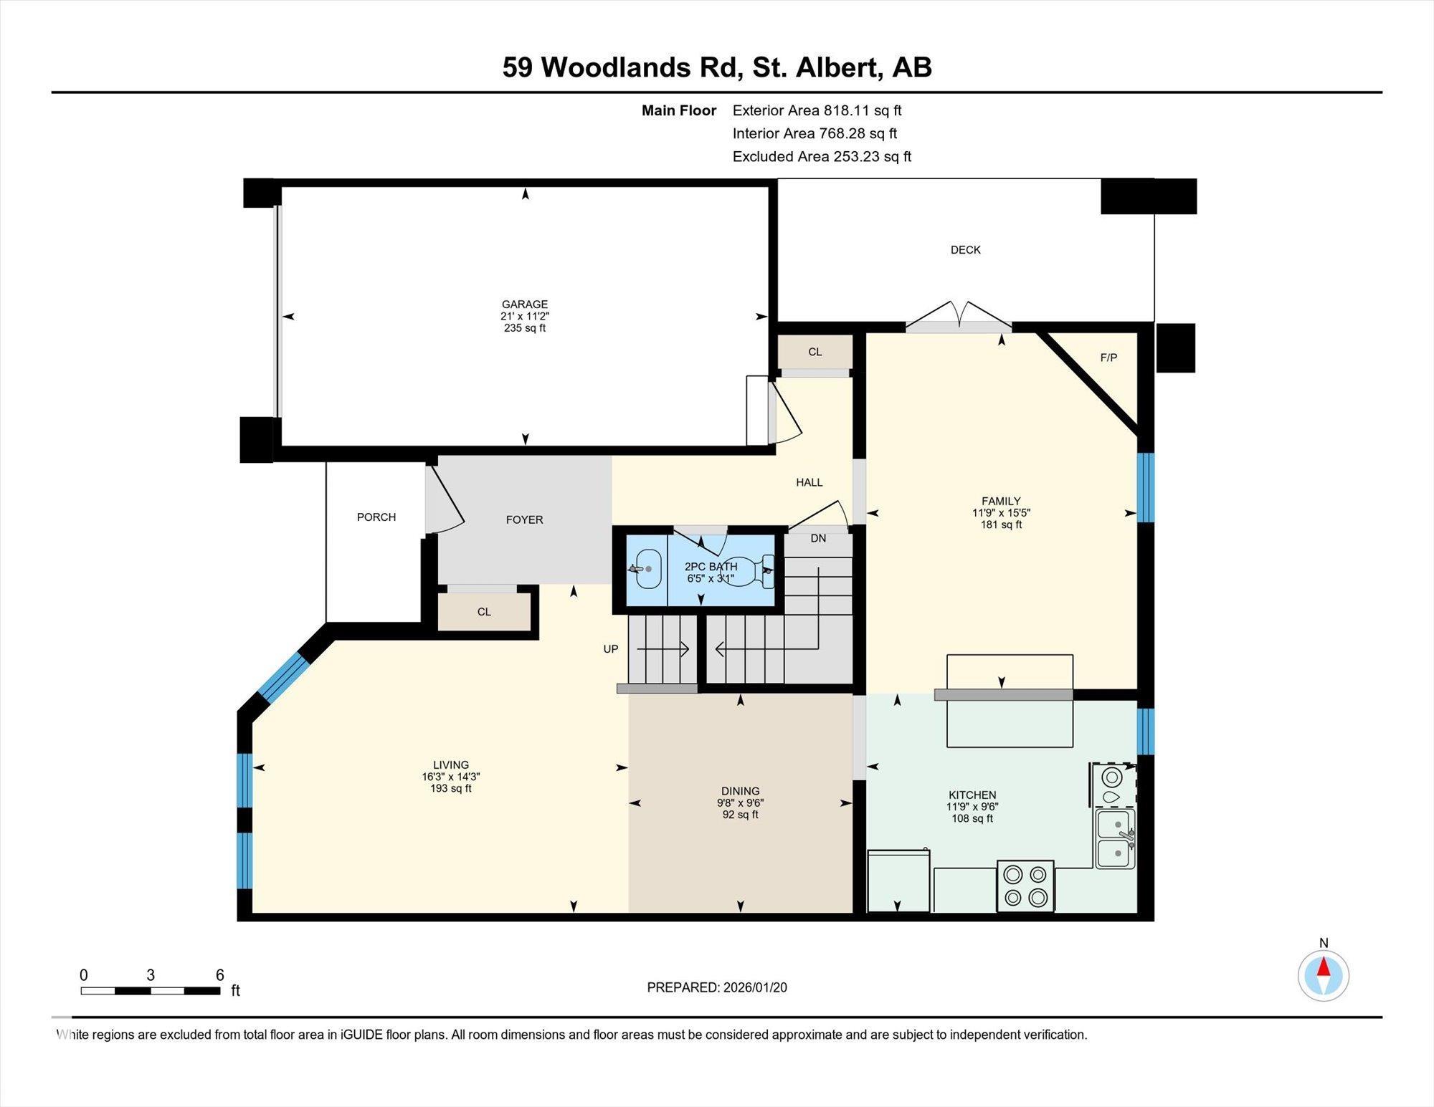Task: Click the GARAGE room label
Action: coord(524,305)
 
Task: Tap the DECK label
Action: coord(965,250)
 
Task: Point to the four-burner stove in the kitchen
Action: coord(1025,886)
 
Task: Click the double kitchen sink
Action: coord(1115,838)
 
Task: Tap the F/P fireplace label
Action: coord(1108,358)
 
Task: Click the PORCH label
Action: coord(376,517)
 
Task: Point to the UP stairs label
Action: coord(610,649)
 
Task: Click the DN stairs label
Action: coord(818,538)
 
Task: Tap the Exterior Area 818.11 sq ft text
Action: coord(816,110)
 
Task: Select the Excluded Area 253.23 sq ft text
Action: coord(821,156)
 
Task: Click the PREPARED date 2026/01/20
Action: coord(716,987)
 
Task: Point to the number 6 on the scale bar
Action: coord(220,975)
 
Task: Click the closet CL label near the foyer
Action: coord(484,612)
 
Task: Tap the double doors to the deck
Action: coord(959,316)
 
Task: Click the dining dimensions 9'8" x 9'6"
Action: coord(740,803)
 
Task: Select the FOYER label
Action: coord(524,520)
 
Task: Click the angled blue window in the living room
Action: coord(283,676)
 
